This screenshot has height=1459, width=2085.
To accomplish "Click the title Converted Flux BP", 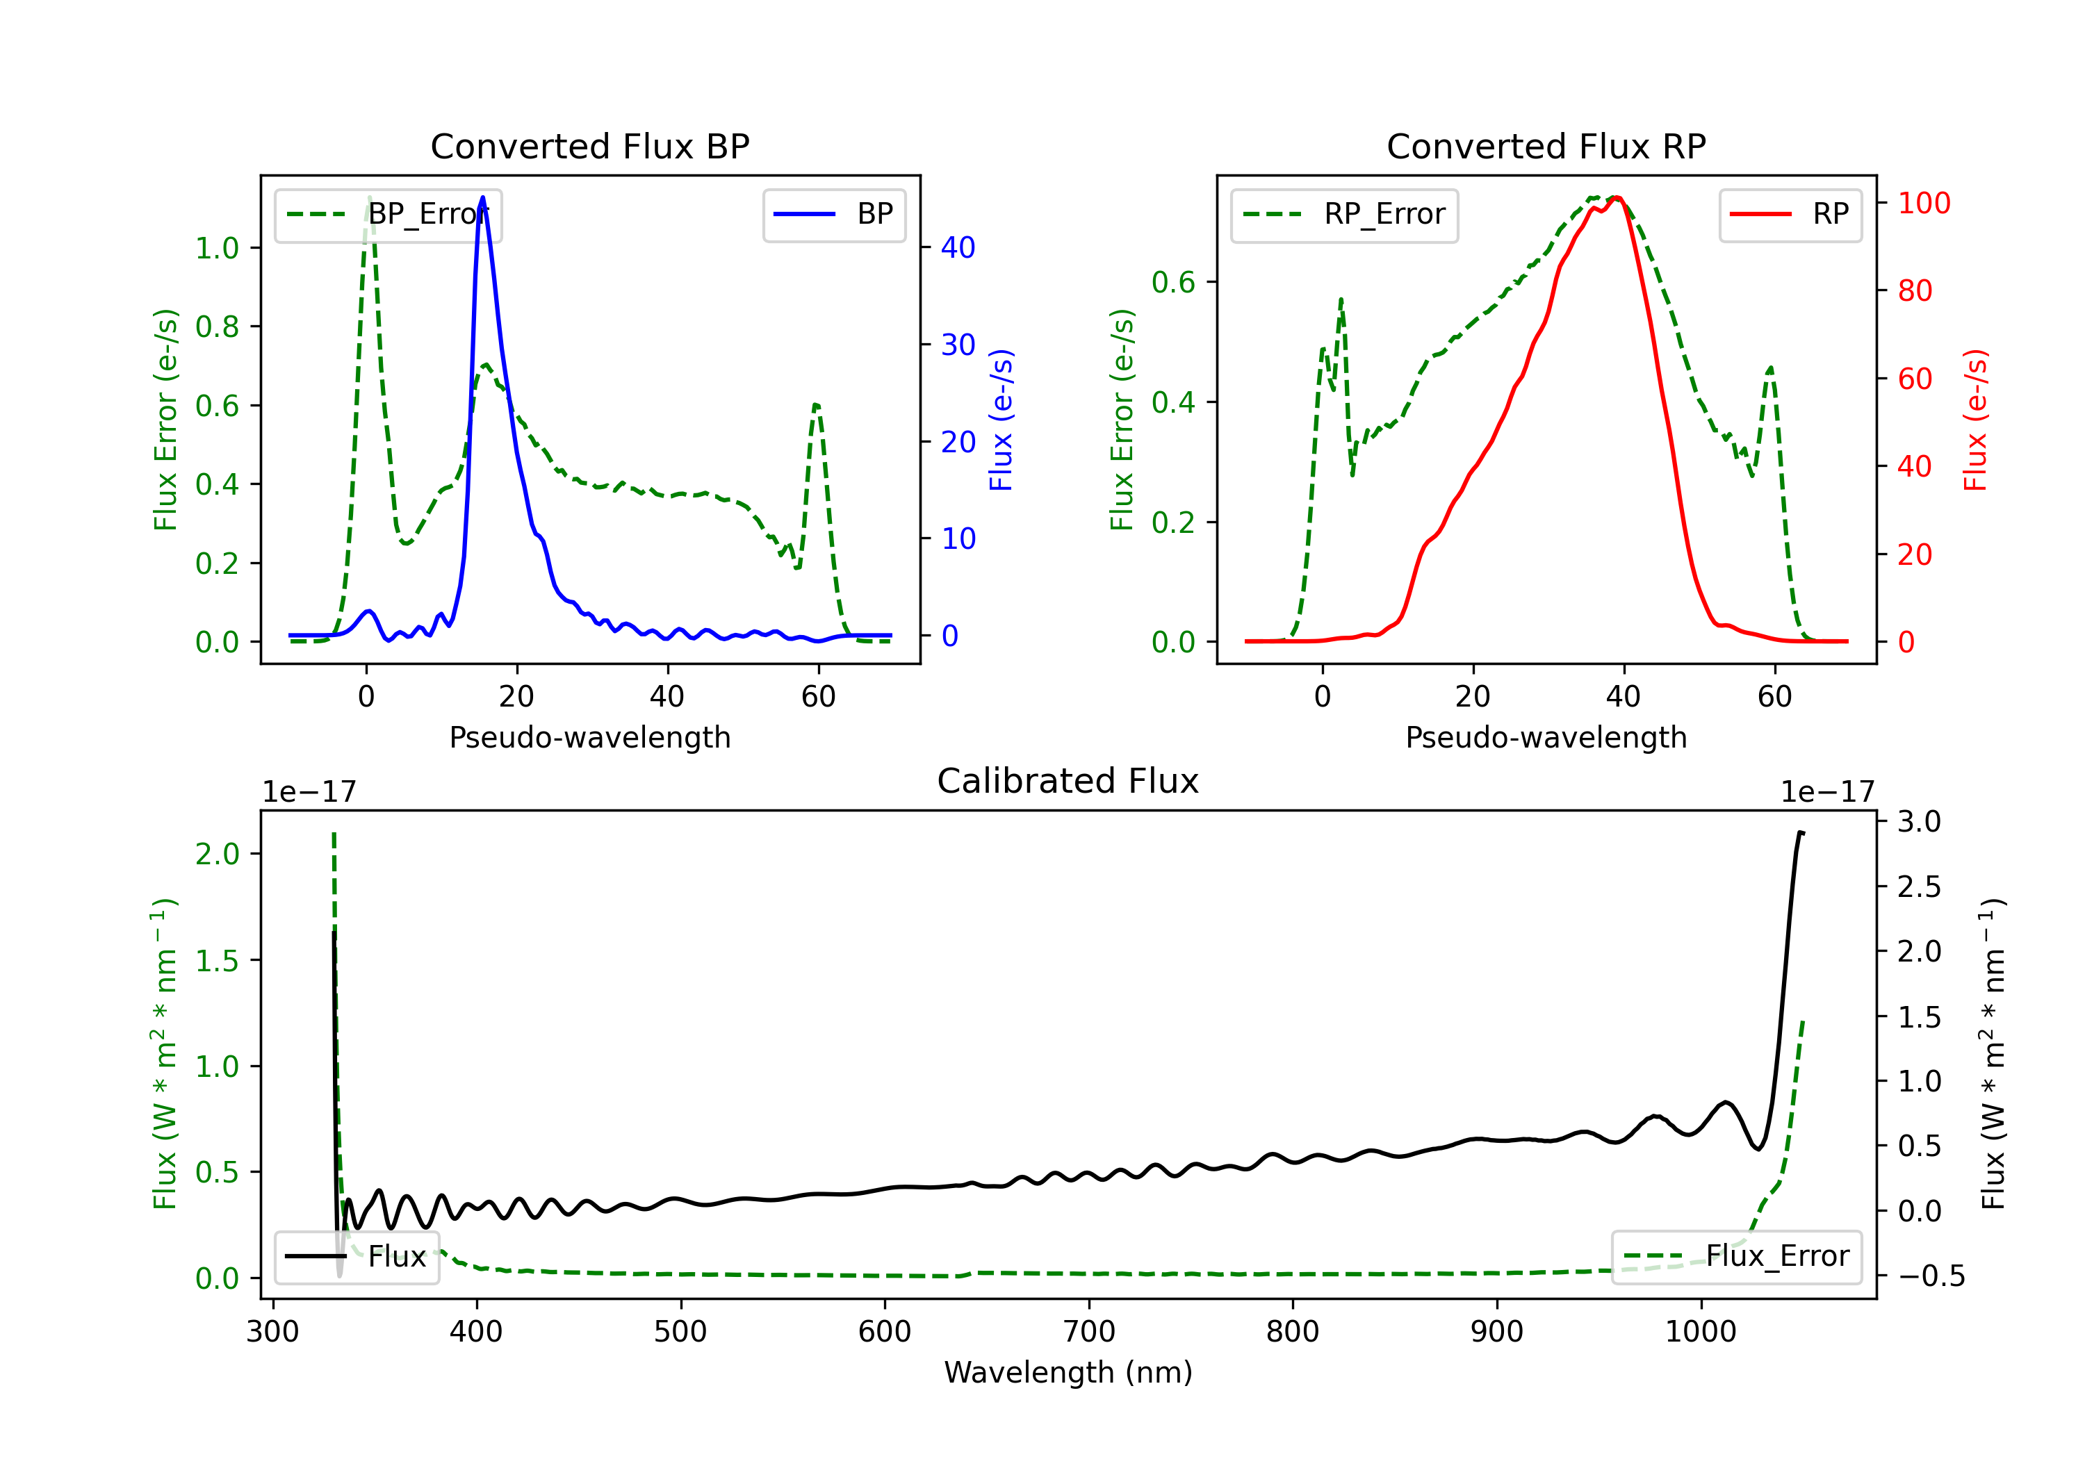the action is pos(589,146).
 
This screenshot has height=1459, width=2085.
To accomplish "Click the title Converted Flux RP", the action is pos(1546,146).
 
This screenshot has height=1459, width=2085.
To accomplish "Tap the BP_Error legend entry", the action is pos(388,214).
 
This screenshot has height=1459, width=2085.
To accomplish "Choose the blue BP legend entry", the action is pos(833,214).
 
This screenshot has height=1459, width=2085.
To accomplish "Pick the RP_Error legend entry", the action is pos(1344,214).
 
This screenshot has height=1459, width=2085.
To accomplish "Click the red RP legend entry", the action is pos(1790,214).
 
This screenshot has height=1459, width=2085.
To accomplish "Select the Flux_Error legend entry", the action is pos(1736,1257).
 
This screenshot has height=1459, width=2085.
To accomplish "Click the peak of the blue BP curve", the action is pos(482,197).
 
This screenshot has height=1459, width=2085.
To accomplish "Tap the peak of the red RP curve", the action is pos(1617,198).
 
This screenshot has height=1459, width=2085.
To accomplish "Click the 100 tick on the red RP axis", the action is pos(1923,202).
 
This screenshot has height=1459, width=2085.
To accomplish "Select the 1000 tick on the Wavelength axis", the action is pos(1700,1332).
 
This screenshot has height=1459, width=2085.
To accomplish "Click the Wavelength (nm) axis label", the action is pos(1068,1372).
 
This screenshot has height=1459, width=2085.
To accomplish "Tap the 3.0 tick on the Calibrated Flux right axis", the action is pos(1919,822).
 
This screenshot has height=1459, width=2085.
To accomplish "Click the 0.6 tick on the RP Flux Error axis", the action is pos(1173,282).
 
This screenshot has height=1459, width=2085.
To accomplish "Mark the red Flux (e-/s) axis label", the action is pos(1976,420).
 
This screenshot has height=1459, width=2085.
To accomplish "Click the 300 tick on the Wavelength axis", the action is pos(272,1332).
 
